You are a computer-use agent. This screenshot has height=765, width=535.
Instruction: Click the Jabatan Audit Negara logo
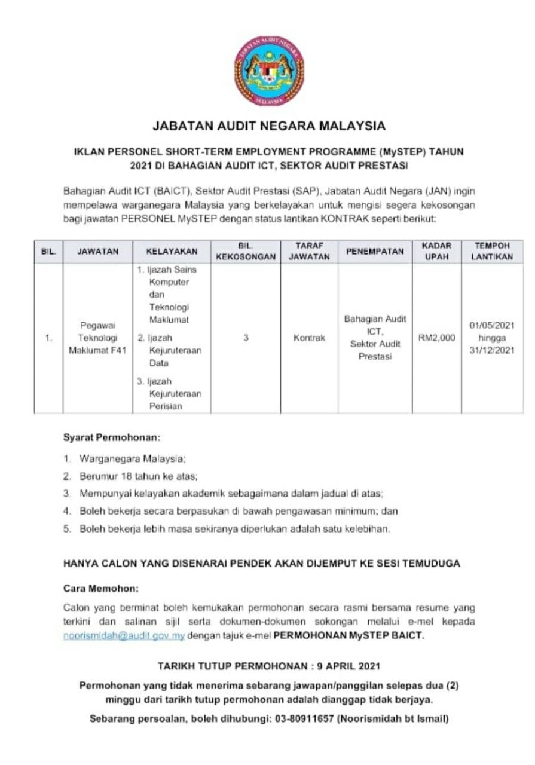pos(268,71)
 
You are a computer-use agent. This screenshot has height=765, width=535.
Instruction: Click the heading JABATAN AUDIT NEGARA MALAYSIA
pos(269,126)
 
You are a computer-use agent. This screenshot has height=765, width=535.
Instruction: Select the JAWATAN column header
pos(97,252)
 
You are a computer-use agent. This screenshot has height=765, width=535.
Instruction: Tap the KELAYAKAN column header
pos(172,252)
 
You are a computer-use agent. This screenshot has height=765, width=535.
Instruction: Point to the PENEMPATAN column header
pos(375,252)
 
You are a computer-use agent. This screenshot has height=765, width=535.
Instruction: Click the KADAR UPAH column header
pos(436,252)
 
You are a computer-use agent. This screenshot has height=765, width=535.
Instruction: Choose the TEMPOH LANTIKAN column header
pos(492,252)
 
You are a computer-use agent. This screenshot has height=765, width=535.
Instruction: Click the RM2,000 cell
pos(436,338)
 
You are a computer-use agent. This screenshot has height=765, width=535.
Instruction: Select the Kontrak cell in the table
pos(309,338)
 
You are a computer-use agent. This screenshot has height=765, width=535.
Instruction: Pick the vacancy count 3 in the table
pos(246,338)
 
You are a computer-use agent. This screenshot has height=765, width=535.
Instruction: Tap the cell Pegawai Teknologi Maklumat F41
pos(97,338)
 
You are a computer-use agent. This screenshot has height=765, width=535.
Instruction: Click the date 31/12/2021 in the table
pos(492,351)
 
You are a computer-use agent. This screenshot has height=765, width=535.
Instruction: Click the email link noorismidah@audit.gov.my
pos(124,636)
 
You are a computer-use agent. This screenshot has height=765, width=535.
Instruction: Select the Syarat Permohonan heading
pos(112,437)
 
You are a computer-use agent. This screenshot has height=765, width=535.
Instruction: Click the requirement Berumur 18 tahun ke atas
pos(138,477)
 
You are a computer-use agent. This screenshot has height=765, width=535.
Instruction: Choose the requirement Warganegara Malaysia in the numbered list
pos(133,460)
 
